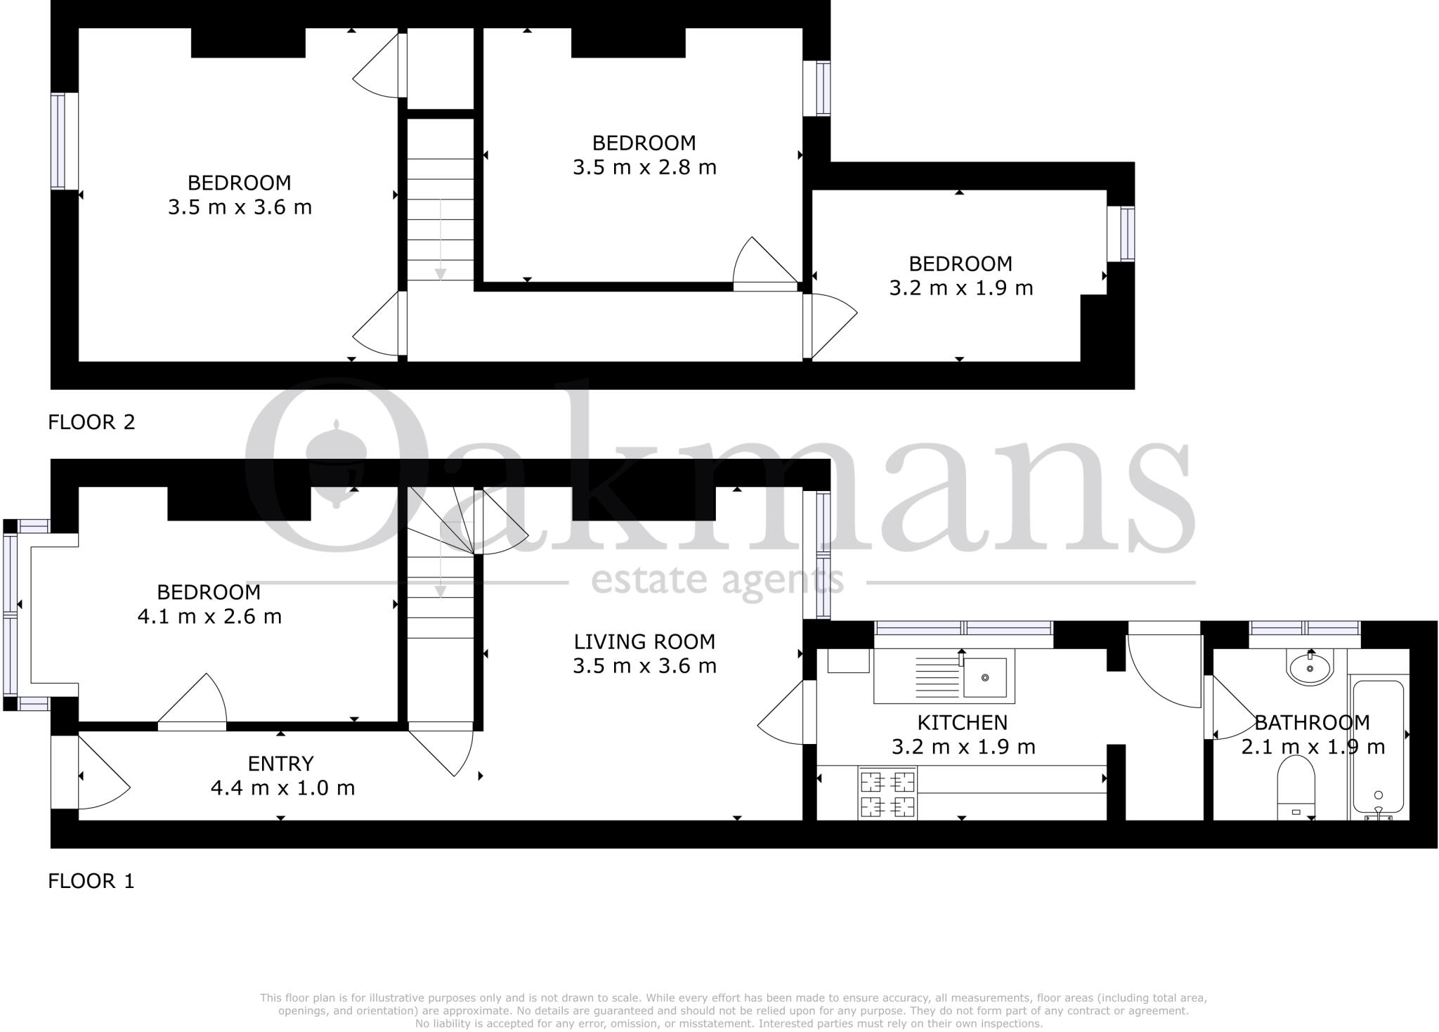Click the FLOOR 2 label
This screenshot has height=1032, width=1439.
point(91,422)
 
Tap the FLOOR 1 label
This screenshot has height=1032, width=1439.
point(91,881)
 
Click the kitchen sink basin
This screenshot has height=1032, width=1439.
point(984,678)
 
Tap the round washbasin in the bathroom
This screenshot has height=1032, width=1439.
point(1310,667)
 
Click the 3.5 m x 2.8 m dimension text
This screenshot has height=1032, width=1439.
point(644,168)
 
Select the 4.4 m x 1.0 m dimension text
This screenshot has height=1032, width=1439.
point(282,788)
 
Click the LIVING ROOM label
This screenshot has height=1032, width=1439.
point(644,641)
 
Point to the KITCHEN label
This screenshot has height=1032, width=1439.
point(962,722)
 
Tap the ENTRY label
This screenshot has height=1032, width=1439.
point(280,764)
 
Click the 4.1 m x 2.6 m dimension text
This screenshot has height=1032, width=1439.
point(209,617)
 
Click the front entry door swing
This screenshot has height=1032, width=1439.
point(102,776)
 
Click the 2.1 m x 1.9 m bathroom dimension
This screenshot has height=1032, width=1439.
point(1313,747)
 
